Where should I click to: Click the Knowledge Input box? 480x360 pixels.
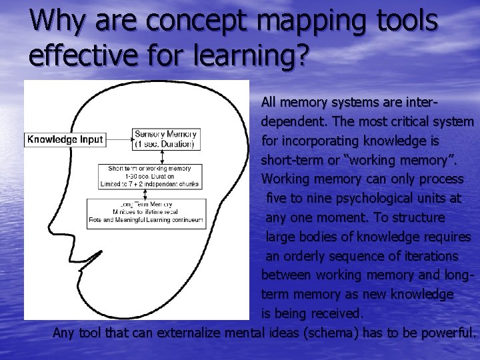coord(65,139)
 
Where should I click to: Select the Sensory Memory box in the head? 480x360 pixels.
coord(165,139)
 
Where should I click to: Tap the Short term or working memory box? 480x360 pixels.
coord(149,176)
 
